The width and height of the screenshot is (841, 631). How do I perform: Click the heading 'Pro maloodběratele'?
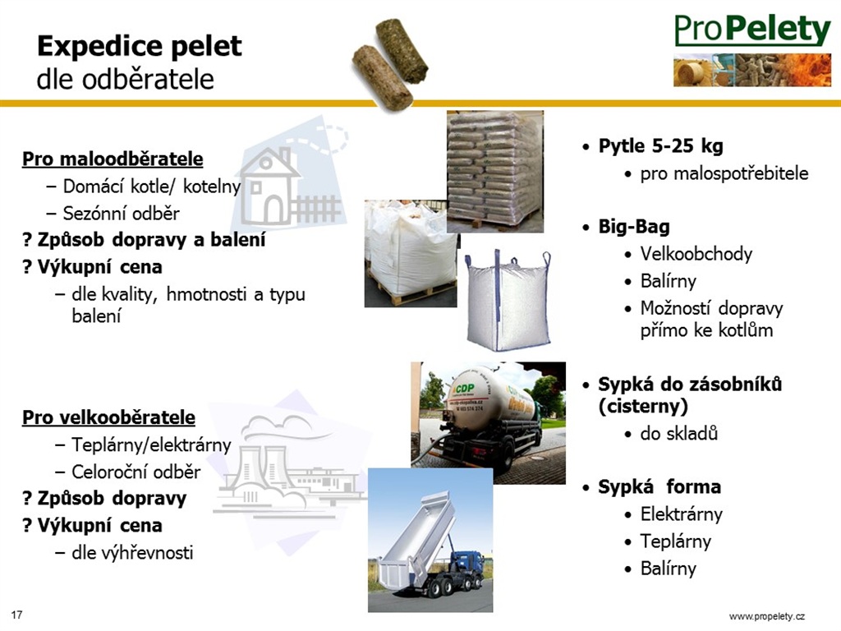tap(113, 159)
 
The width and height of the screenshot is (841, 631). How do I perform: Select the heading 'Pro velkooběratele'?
tap(108, 417)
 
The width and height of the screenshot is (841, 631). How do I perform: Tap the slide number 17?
tap(16, 615)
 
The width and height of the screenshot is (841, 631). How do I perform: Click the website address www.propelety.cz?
tap(767, 616)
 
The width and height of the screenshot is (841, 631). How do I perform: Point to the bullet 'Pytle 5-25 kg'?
tap(661, 146)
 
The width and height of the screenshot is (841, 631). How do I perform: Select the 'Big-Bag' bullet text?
tap(634, 227)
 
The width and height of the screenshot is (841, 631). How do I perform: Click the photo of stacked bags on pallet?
tap(495, 171)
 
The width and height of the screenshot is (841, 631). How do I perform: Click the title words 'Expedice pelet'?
tap(140, 46)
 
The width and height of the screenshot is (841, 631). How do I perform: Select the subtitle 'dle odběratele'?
tap(126, 80)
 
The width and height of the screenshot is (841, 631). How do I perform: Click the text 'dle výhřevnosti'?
tap(132, 553)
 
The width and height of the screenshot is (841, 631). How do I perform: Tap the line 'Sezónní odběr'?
tap(122, 214)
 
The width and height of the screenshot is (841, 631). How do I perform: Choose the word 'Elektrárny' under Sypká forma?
tap(681, 514)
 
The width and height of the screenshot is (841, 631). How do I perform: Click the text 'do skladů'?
tap(679, 434)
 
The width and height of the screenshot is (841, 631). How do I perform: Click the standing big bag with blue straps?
tap(508, 301)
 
